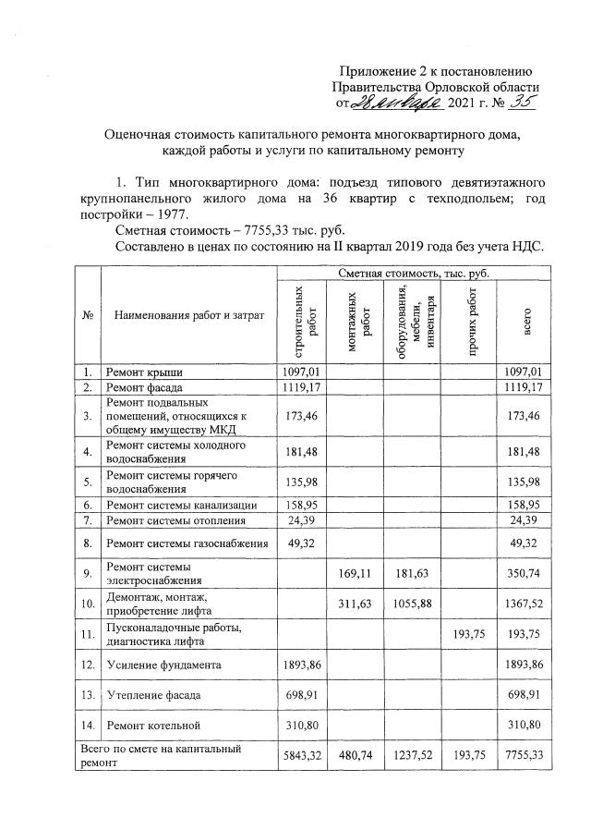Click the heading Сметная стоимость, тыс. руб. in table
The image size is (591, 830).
(413, 274)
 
